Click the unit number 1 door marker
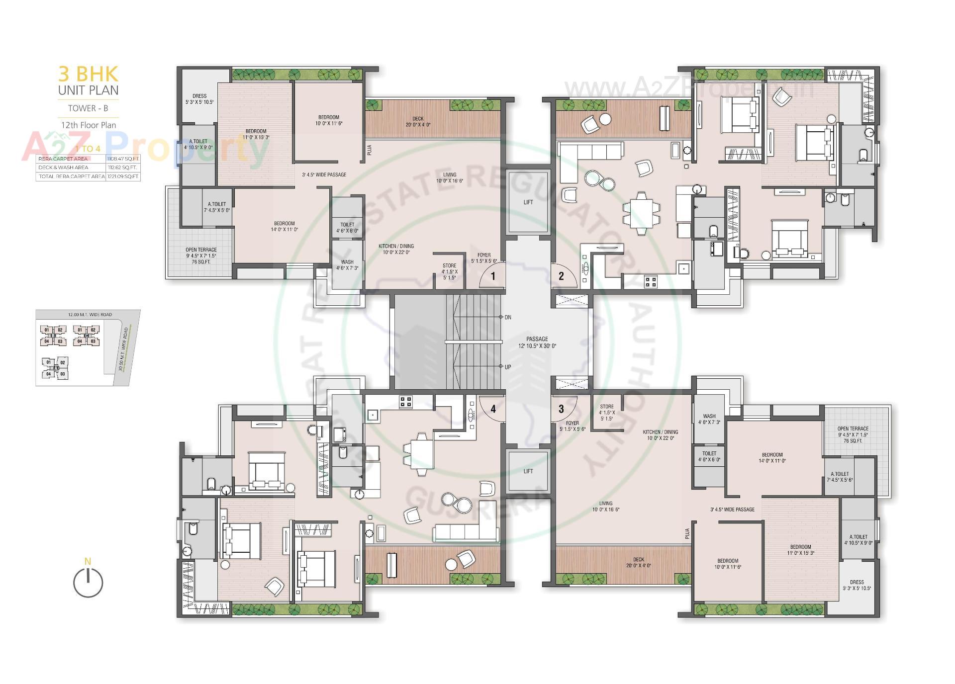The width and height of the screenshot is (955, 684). click(493, 276)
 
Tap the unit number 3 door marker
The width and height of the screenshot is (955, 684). click(561, 409)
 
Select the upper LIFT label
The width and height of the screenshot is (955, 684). click(528, 202)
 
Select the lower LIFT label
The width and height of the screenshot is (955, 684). click(528, 471)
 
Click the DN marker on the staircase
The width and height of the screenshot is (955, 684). click(507, 317)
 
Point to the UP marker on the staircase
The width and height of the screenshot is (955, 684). click(507, 367)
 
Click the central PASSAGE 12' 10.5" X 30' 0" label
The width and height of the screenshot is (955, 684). click(537, 342)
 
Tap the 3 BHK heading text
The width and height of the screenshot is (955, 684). click(89, 74)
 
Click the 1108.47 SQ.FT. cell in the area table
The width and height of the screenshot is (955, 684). click(123, 159)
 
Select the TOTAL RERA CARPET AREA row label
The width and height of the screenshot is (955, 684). click(71, 176)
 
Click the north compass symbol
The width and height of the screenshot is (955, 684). click(88, 582)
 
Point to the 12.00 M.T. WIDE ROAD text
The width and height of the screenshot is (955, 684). click(90, 315)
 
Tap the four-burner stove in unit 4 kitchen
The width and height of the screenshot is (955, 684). click(405, 402)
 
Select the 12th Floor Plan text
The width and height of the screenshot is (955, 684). click(89, 125)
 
